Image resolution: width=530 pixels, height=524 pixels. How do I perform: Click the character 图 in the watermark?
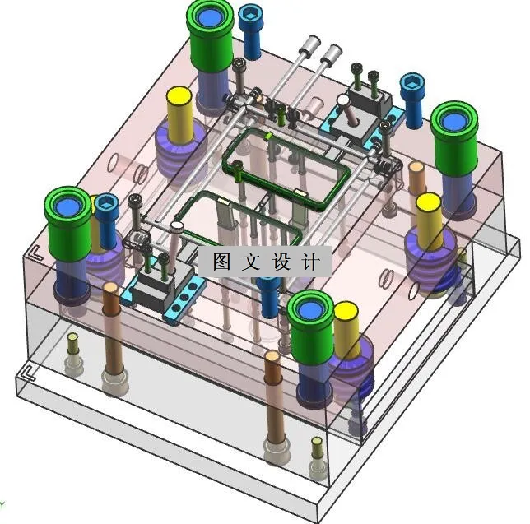[221, 262]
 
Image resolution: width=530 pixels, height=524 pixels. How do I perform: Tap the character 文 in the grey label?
[251, 262]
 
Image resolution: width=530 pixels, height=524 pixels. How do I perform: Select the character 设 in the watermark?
[281, 262]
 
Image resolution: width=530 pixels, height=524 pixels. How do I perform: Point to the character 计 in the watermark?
[310, 262]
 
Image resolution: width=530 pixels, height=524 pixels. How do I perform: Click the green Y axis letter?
[2, 506]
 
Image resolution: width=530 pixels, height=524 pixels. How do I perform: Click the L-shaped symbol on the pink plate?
[36, 253]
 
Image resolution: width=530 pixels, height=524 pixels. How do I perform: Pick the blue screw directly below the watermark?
[269, 297]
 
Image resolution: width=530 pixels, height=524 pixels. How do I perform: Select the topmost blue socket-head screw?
[250, 31]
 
